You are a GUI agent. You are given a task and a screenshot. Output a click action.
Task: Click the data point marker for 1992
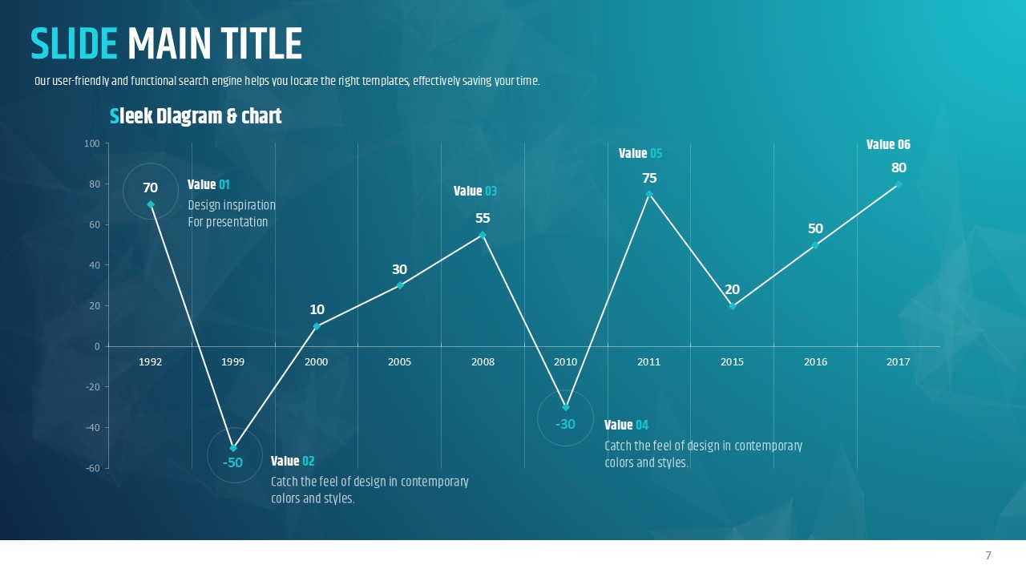[x=151, y=204]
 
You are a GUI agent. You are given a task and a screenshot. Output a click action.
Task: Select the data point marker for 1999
[x=233, y=448]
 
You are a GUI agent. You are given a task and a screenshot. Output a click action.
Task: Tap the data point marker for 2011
[x=649, y=194]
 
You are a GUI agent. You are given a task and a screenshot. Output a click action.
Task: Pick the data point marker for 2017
[x=899, y=184]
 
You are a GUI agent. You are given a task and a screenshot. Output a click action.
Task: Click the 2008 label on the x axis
[x=483, y=362]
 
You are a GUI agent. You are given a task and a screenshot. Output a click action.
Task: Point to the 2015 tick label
[x=732, y=362]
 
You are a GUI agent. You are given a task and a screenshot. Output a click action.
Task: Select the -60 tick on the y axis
[x=92, y=468]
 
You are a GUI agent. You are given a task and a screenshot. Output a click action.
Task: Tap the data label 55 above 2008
[x=483, y=218]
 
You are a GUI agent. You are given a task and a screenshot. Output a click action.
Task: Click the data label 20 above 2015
[x=732, y=289]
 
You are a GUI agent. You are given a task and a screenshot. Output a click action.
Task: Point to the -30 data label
[x=566, y=424]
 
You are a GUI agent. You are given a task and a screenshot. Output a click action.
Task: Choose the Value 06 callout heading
[x=888, y=145]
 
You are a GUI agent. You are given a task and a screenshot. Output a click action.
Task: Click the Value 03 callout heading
[x=475, y=191]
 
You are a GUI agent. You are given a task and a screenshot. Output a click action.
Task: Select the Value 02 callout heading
[x=293, y=461]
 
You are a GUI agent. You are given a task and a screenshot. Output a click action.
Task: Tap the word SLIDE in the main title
[x=74, y=44]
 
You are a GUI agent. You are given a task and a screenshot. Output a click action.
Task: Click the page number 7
[x=988, y=555]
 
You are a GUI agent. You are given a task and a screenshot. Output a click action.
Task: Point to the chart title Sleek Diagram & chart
[x=196, y=117]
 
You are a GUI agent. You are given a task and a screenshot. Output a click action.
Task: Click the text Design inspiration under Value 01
[x=232, y=205]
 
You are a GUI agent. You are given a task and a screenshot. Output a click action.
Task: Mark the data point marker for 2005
[x=400, y=285]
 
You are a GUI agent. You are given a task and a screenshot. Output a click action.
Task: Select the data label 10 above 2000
[x=317, y=309]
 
